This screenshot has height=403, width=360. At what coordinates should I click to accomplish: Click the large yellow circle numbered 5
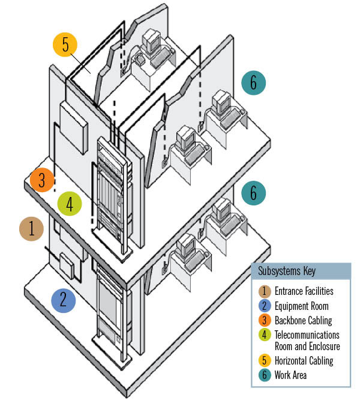click(x=65, y=45)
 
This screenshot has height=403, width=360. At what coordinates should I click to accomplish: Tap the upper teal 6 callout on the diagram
click(x=253, y=83)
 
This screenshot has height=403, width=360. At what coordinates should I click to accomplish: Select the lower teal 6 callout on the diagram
click(x=253, y=193)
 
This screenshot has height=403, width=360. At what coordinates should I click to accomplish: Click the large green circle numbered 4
click(x=70, y=204)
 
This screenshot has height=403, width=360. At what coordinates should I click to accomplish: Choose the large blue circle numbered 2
click(x=63, y=299)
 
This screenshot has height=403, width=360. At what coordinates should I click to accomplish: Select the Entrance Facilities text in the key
click(x=304, y=291)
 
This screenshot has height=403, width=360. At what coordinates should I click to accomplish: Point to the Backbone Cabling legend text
click(x=303, y=320)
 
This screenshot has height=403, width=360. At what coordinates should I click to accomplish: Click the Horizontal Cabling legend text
click(x=304, y=360)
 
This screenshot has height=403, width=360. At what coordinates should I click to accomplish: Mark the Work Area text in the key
click(x=291, y=375)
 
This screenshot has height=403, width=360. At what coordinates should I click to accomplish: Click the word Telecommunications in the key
click(x=307, y=335)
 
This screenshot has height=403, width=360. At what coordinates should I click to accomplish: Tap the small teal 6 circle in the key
click(x=263, y=375)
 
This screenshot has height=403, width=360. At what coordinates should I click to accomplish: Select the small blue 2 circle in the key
click(x=263, y=306)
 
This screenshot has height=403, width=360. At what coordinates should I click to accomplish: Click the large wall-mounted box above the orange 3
click(x=73, y=123)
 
